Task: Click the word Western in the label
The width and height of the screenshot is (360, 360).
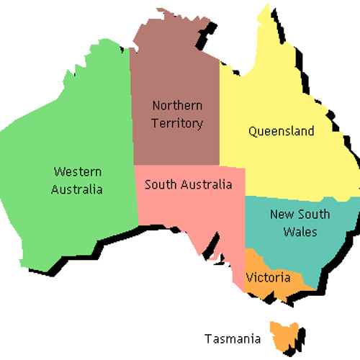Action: (x=78, y=172)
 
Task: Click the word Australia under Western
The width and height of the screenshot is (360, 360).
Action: (x=78, y=190)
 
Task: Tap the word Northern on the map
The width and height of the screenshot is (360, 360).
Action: (x=176, y=106)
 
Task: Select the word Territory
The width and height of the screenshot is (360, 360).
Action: (x=176, y=123)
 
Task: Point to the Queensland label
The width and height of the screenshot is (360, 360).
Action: (x=281, y=131)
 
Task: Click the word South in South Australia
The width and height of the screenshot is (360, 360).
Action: (x=160, y=184)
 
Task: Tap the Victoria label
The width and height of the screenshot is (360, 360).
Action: (x=268, y=277)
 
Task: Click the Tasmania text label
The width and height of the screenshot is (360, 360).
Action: (x=231, y=338)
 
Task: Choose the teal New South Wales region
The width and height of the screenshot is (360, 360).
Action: (x=310, y=248)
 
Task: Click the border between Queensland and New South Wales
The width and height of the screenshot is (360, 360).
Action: (x=302, y=197)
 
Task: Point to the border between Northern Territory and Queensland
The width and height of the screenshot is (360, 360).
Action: (x=219, y=108)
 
